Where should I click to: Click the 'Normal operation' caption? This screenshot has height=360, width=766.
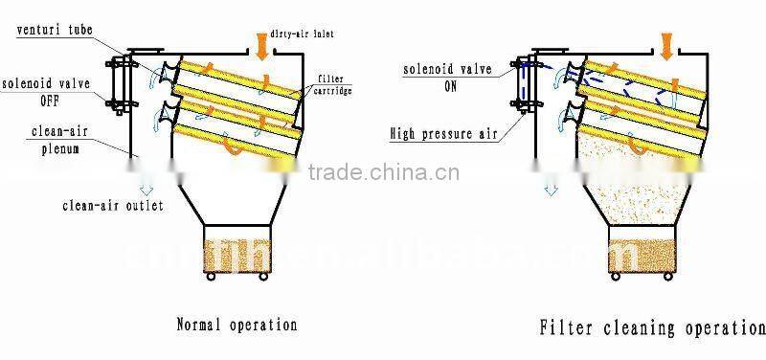coord(237,326)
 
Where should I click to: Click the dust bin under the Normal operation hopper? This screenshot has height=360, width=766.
coord(236,251)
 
